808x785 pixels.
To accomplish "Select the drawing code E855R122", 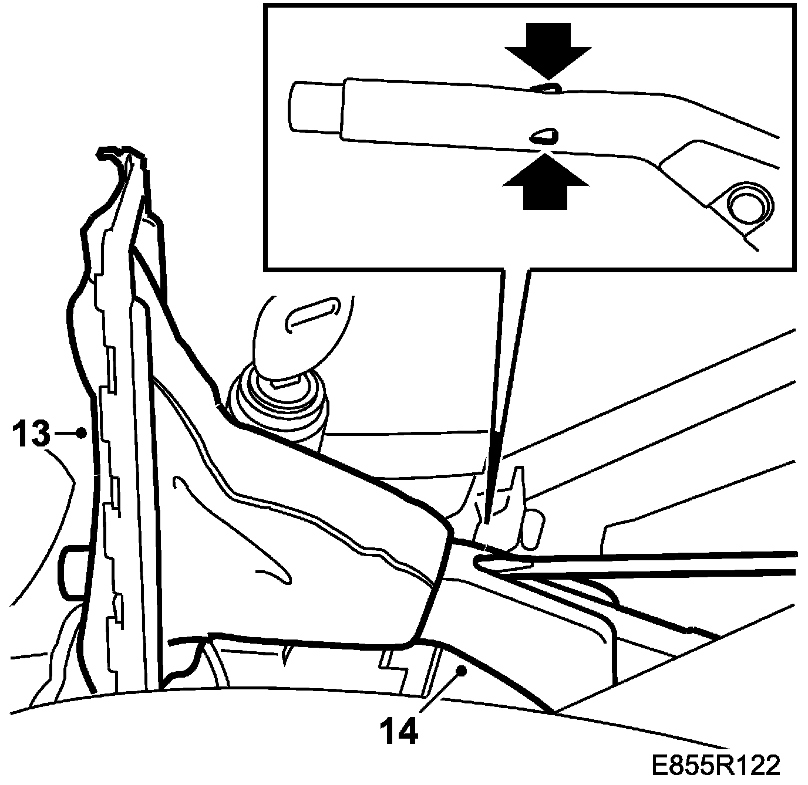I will point(716,766).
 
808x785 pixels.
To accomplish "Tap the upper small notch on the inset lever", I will point(546,88).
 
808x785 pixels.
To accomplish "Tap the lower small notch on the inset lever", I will point(544,136).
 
